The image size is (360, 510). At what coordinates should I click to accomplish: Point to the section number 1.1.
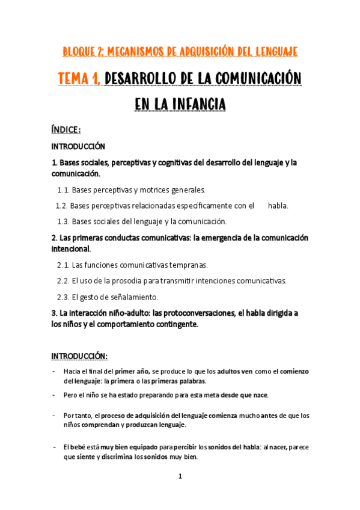[x=64, y=191]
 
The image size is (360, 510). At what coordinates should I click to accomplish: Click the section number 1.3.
[x=64, y=221]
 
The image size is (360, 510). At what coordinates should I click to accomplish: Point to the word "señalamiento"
[x=133, y=296]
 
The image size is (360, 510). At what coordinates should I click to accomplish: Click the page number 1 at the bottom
[x=180, y=476]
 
